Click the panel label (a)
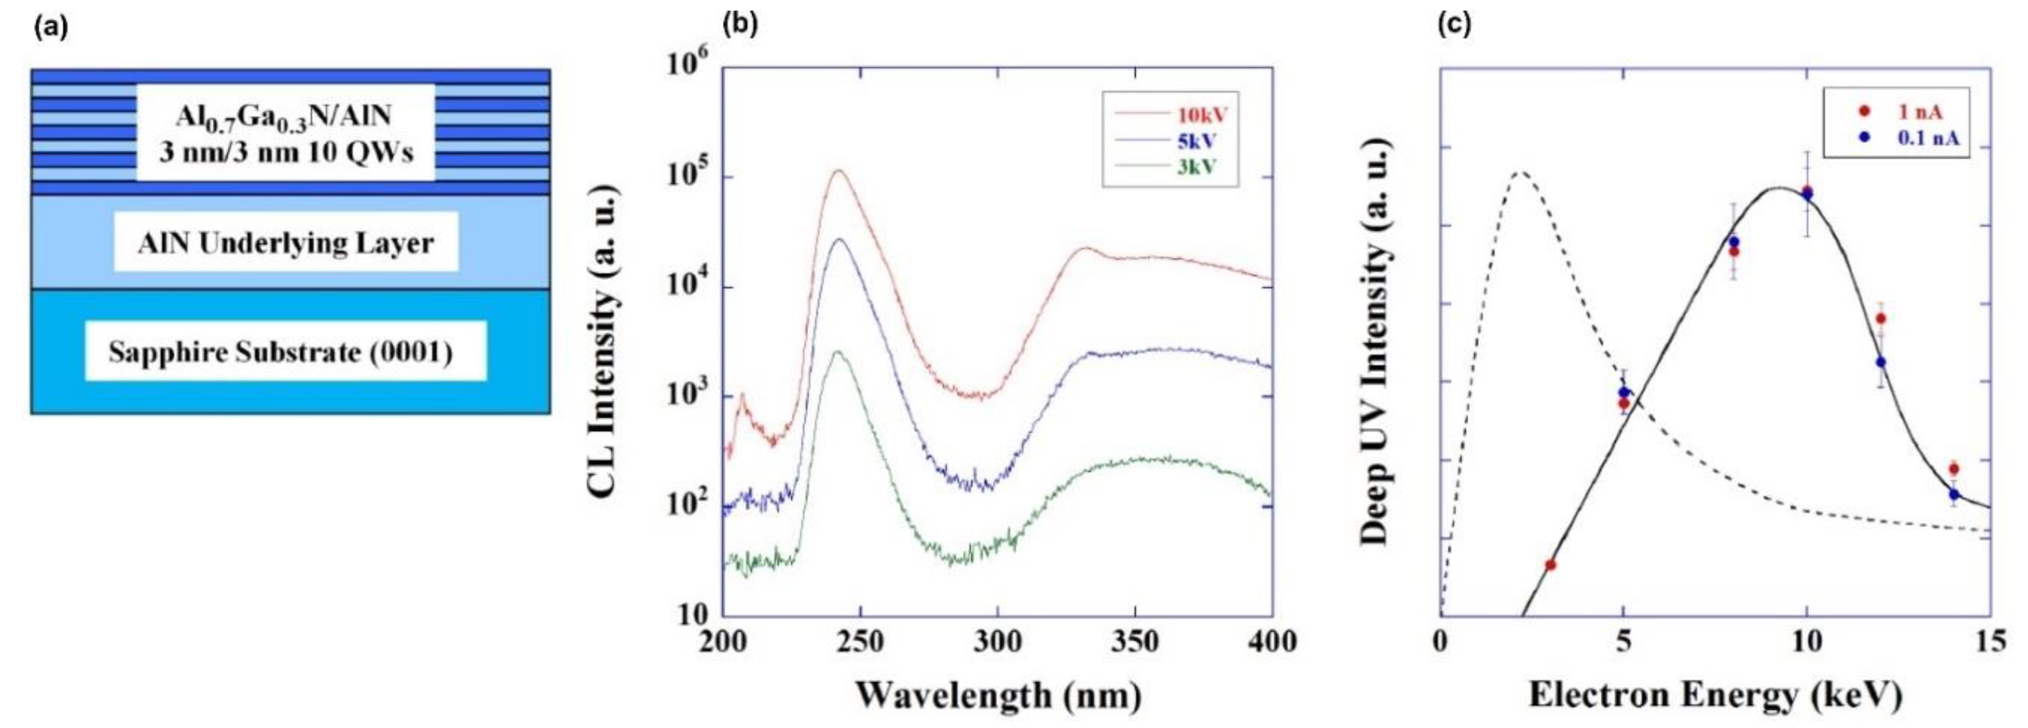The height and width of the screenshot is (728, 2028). (x=50, y=27)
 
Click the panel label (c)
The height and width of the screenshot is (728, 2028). (x=1454, y=27)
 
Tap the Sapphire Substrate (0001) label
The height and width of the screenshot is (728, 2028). (x=281, y=352)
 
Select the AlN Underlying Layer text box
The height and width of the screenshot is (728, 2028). (x=285, y=242)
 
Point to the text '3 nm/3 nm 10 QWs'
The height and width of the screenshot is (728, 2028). (x=286, y=151)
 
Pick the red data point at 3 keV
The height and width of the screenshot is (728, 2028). (x=1550, y=564)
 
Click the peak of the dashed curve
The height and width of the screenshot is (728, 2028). (x=1521, y=172)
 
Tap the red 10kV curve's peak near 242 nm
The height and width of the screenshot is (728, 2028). (x=839, y=171)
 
